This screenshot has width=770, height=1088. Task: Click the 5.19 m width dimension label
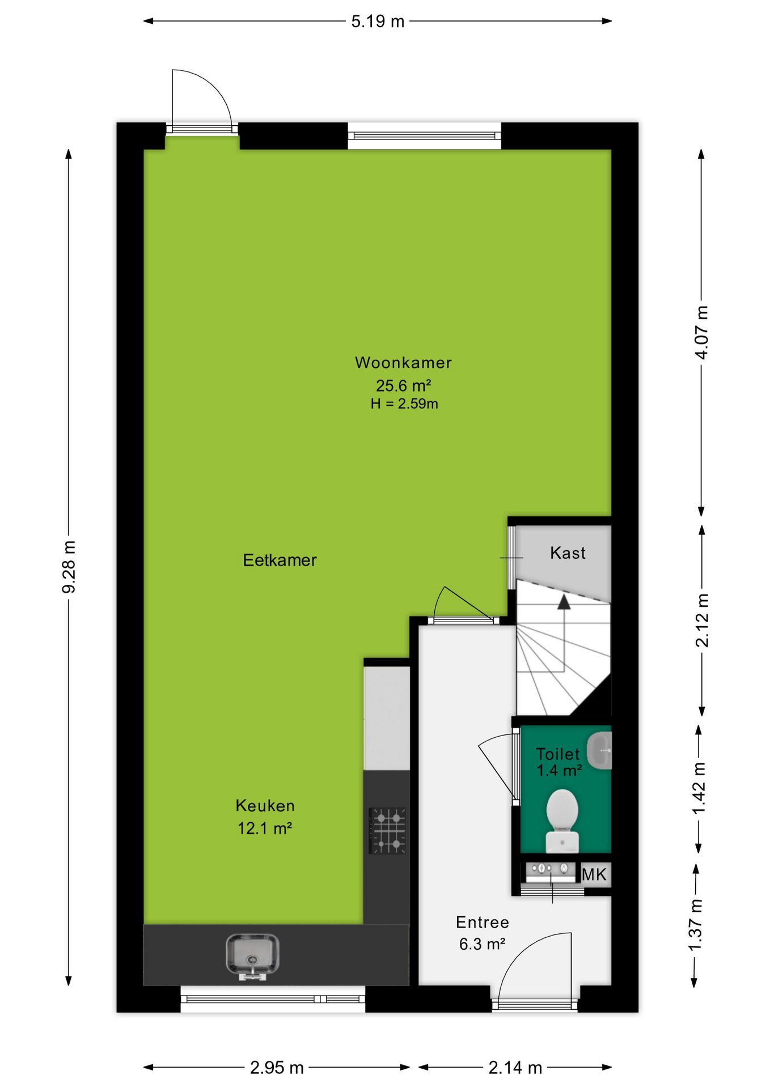(x=378, y=22)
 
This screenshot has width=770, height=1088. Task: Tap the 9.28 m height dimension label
(x=69, y=567)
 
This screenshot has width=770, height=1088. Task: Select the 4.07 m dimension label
(x=702, y=332)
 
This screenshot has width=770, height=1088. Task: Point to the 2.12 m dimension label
(x=702, y=620)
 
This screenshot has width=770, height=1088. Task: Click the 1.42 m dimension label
(x=699, y=788)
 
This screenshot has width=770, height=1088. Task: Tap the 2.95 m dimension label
(x=277, y=1068)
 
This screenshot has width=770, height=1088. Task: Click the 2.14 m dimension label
(x=515, y=1068)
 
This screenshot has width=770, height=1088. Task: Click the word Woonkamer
(x=403, y=363)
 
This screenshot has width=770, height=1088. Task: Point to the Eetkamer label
(x=280, y=560)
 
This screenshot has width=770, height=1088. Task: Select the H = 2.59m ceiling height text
(x=404, y=404)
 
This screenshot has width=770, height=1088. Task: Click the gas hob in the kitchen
(x=388, y=831)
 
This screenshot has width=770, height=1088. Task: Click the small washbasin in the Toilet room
(x=599, y=750)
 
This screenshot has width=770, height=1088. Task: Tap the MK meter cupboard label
(x=594, y=874)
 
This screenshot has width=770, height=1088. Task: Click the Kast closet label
(x=568, y=553)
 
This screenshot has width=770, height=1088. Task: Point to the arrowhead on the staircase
(x=564, y=602)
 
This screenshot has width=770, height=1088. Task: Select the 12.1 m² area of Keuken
(x=265, y=828)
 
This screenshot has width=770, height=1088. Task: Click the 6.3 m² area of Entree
(x=482, y=944)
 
